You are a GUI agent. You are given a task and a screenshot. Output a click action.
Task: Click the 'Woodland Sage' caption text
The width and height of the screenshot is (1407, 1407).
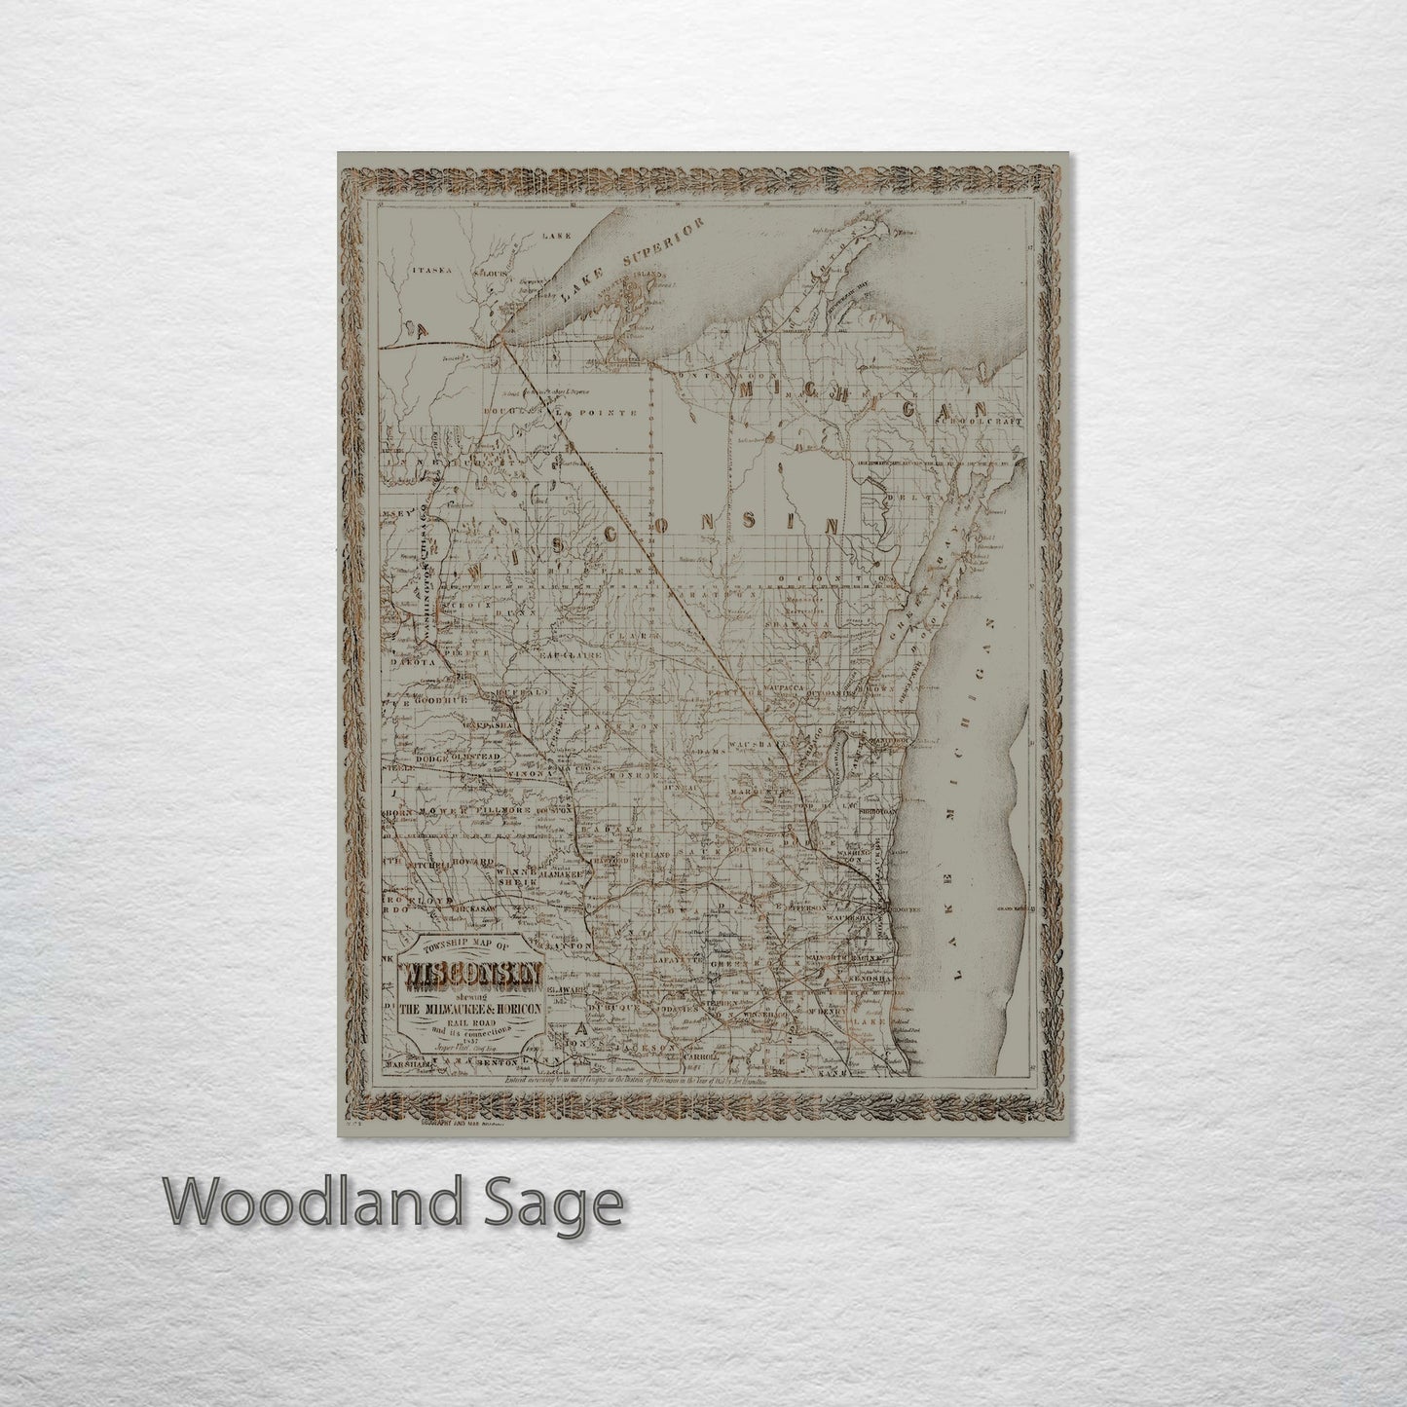(x=395, y=1204)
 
